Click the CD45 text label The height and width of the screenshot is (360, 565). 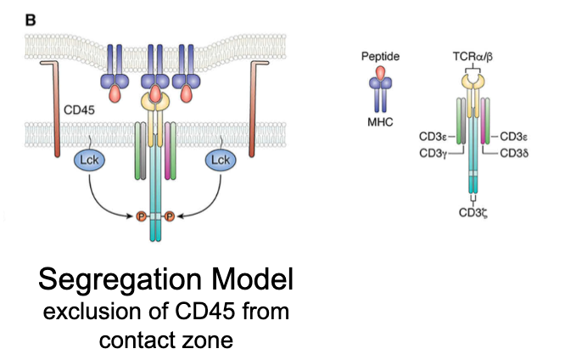[x=81, y=110]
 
